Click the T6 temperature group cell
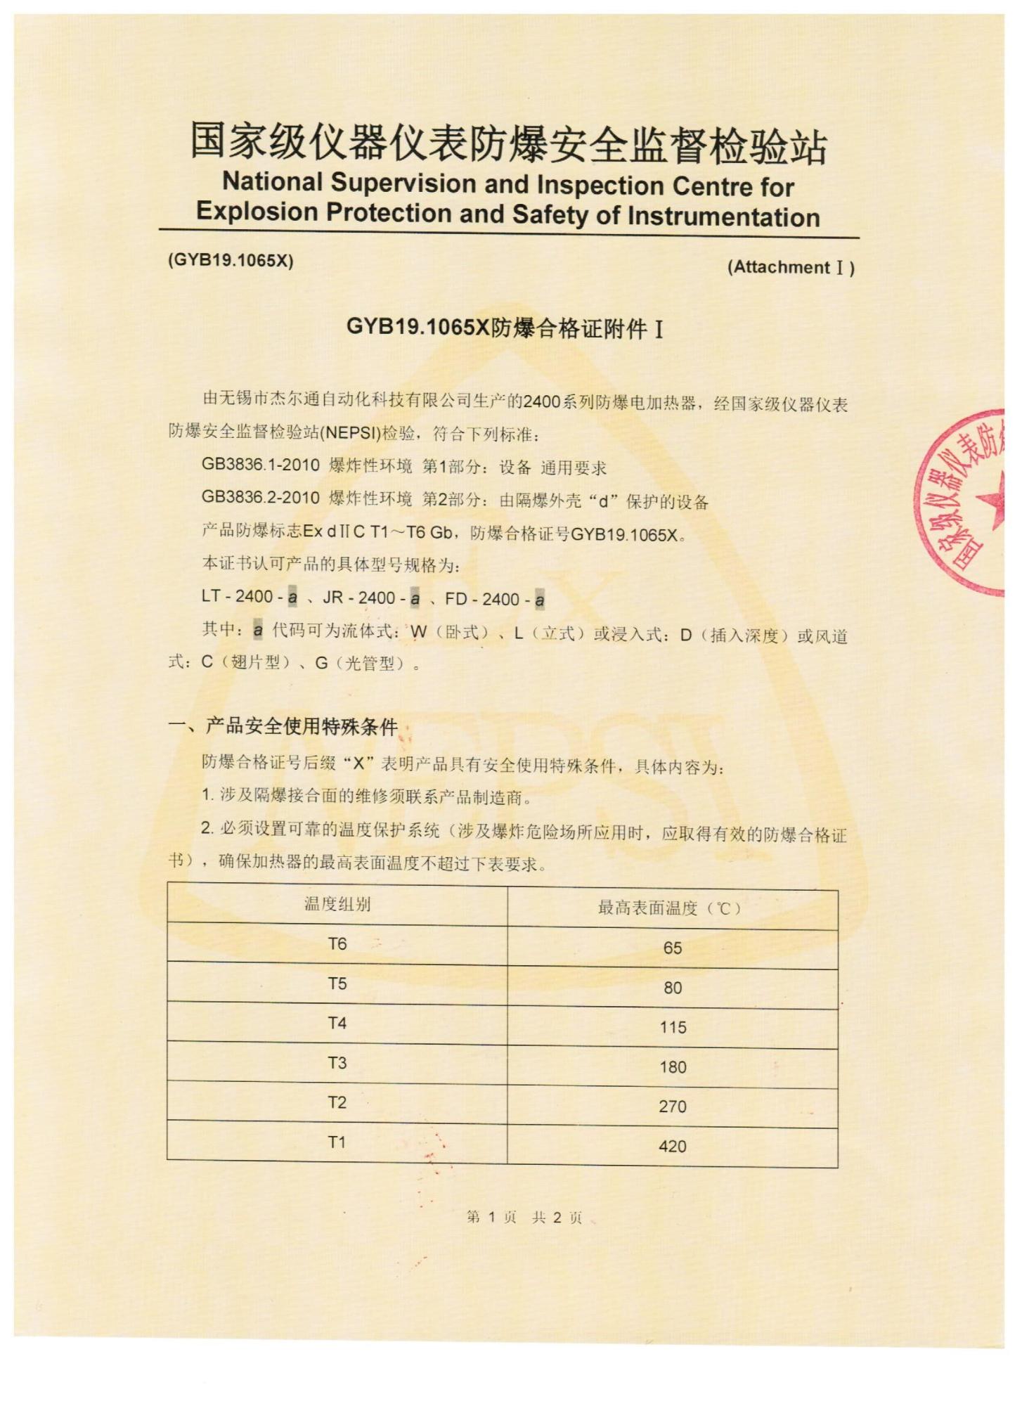pos(337,943)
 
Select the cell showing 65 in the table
pos(672,948)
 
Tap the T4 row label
pos(337,1023)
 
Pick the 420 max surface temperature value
pos(672,1147)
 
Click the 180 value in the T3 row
pos(672,1067)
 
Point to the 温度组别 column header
pos(337,904)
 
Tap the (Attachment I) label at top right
pos(791,268)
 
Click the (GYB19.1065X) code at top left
pos(231,260)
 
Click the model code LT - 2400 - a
pos(250,597)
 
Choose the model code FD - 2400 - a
pos(495,600)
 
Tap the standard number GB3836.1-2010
pos(260,465)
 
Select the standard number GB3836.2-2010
pos(260,498)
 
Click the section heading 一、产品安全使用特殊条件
pos(284,726)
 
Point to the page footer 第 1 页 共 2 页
pos(524,1218)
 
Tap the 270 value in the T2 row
pos(672,1107)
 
